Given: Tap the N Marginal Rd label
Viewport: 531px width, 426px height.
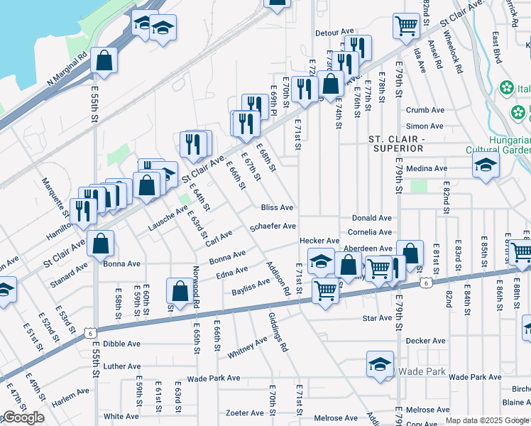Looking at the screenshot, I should coord(67,69).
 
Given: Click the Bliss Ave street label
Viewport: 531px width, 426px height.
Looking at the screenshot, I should coord(277,208).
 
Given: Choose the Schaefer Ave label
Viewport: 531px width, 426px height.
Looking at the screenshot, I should coord(273,226).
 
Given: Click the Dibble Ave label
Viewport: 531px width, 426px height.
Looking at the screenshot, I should coord(121,344).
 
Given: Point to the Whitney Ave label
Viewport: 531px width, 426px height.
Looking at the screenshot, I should coord(246,347).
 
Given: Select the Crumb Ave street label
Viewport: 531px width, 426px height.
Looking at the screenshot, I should coord(425,110).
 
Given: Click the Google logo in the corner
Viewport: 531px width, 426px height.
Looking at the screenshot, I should coord(23,417).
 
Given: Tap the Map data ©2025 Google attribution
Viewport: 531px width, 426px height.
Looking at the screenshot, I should coord(487,420).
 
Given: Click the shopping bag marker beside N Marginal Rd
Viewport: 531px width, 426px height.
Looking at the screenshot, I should coord(104,61).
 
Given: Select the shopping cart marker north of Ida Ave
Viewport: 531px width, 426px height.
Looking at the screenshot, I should coord(405,25).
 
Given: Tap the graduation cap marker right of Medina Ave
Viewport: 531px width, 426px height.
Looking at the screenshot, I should coord(486,166).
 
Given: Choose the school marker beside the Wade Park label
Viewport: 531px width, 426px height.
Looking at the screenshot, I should coord(380,364).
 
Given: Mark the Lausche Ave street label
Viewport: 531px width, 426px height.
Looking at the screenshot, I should coord(168,219).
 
